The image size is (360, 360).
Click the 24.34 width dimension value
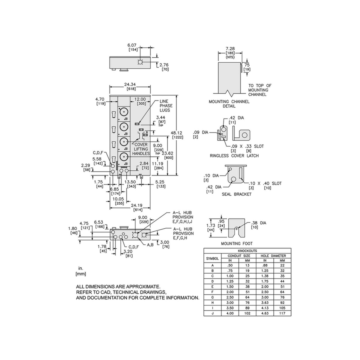(x=130, y=84)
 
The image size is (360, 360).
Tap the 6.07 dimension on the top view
(x=132, y=45)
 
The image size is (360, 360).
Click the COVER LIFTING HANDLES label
(x=141, y=149)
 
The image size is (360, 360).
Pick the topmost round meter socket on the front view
(x=123, y=112)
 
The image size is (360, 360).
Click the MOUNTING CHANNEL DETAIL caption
(x=229, y=104)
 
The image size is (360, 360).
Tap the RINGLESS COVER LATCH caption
(x=234, y=156)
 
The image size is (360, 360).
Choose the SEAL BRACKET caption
(x=236, y=194)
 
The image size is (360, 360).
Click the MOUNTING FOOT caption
(x=237, y=244)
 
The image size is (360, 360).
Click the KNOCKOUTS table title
(x=247, y=251)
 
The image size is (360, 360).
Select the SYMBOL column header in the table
(x=212, y=258)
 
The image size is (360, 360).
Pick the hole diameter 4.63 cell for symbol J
(x=265, y=313)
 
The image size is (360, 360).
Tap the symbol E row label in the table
(x=212, y=286)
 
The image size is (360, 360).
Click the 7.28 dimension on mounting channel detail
(x=230, y=48)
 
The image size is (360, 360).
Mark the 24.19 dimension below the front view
(x=137, y=205)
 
